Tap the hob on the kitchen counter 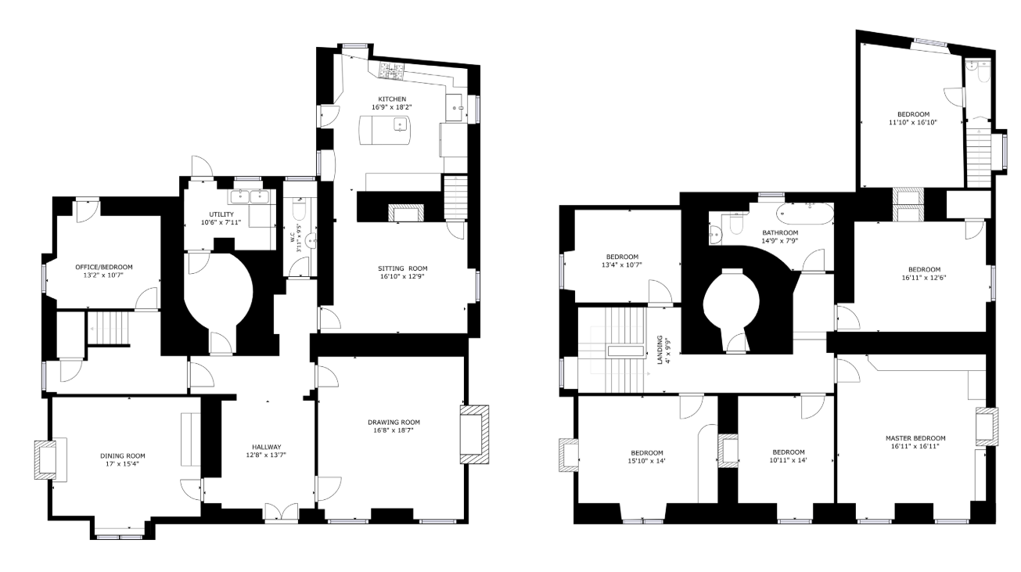[392, 70]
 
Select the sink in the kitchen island [401, 124]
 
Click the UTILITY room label [221, 214]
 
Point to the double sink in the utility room [250, 196]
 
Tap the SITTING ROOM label [402, 268]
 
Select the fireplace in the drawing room [474, 434]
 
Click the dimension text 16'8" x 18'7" [394, 430]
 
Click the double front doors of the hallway [281, 513]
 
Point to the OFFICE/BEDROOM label [104, 267]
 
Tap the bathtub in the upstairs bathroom [805, 214]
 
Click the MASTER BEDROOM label [915, 438]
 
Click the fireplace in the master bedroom [987, 426]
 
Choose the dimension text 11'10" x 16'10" [913, 122]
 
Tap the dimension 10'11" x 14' [789, 460]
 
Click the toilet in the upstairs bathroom [736, 223]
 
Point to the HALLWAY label [267, 447]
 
